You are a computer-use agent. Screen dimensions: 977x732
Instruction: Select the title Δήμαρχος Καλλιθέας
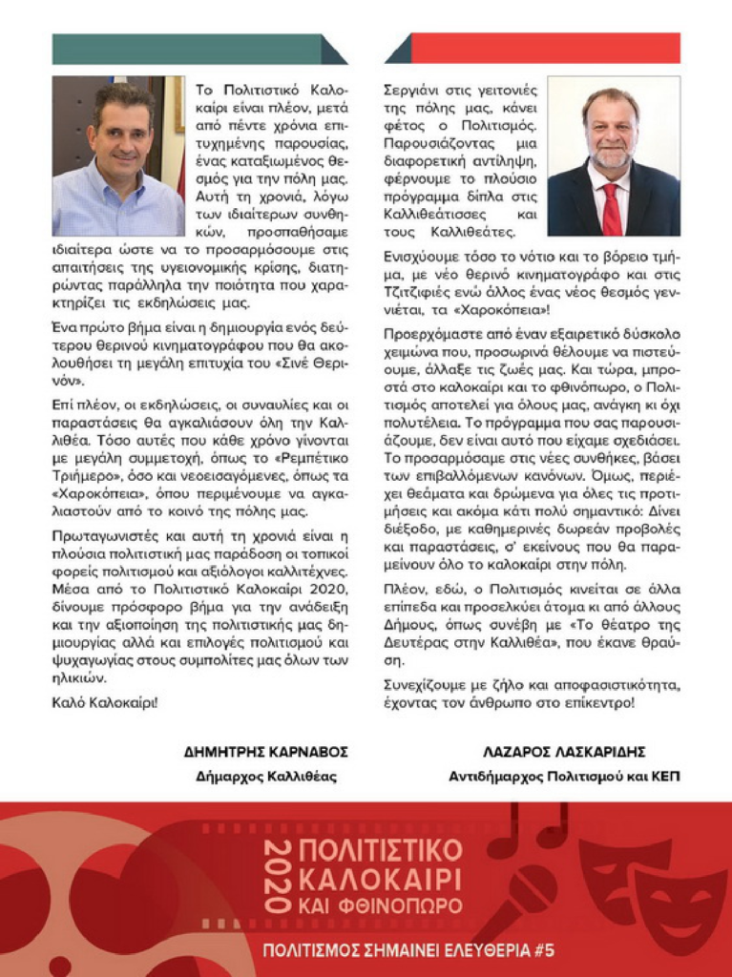tap(266, 777)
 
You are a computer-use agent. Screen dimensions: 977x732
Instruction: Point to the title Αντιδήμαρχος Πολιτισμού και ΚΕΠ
tap(564, 777)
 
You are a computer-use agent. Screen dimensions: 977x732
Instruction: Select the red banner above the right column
tap(534, 49)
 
